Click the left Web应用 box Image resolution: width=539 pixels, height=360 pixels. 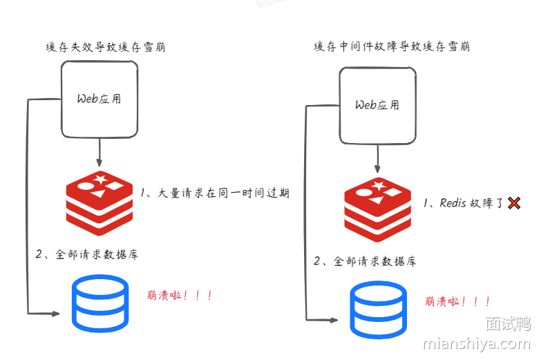click(x=100, y=98)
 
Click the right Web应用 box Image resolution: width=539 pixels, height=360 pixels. click(x=377, y=105)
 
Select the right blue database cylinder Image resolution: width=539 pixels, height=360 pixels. click(x=378, y=307)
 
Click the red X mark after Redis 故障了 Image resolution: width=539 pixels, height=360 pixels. click(x=513, y=203)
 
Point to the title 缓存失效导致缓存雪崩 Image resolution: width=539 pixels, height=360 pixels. click(x=105, y=48)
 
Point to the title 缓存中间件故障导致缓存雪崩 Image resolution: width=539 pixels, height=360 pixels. click(x=392, y=47)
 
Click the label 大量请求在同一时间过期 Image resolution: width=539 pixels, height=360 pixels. click(x=215, y=193)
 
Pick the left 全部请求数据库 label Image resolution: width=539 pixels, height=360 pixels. click(x=86, y=254)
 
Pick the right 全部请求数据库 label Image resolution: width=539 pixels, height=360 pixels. click(x=365, y=261)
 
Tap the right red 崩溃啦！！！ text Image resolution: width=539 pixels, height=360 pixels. click(x=457, y=302)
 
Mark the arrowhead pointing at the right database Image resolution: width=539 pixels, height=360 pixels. click(x=333, y=320)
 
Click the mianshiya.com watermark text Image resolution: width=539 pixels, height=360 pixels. click(x=475, y=343)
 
